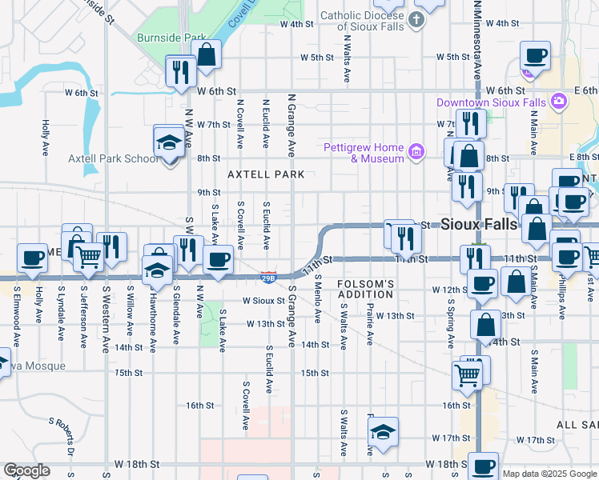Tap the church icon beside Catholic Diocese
pos(416,20)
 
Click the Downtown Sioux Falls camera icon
pos(559,102)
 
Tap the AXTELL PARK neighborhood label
pos(266,174)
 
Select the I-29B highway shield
pos(269,277)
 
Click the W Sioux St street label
pos(264,301)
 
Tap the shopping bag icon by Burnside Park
pos(207,54)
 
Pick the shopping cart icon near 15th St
pos(467,374)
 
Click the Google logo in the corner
pos(26,470)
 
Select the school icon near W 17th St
pos(384,433)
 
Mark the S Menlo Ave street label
pos(318,299)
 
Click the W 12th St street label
pos(448,289)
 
